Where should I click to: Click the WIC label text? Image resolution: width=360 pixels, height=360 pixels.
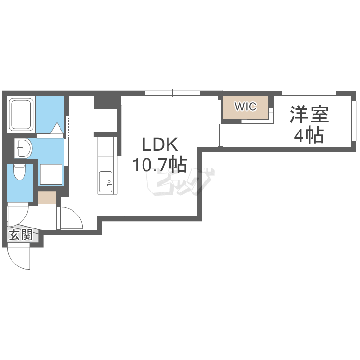tap(245, 107)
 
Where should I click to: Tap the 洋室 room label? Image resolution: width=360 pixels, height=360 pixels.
tap(309, 114)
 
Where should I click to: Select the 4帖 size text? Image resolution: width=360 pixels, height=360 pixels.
tap(309, 135)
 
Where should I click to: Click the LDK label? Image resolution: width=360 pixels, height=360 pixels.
tap(160, 144)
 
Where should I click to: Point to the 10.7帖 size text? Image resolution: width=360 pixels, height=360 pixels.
tap(159, 164)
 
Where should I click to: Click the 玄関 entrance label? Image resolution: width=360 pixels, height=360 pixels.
tap(21, 235)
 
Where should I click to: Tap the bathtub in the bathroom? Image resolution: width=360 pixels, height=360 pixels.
tap(21, 114)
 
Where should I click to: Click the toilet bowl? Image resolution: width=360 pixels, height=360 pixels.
tap(20, 171)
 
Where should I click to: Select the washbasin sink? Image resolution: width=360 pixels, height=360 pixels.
tap(24, 148)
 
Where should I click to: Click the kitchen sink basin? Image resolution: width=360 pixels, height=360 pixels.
tap(106, 182)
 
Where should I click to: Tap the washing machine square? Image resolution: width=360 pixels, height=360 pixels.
tap(51, 174)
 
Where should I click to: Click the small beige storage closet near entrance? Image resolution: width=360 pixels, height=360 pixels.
tap(47, 197)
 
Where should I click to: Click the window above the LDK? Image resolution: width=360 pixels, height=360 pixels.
tap(173, 93)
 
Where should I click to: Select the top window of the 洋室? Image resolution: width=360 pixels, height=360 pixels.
tap(309, 93)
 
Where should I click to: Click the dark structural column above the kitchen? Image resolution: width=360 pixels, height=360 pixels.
tap(108, 102)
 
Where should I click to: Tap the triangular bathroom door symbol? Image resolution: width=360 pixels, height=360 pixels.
tap(57, 128)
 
